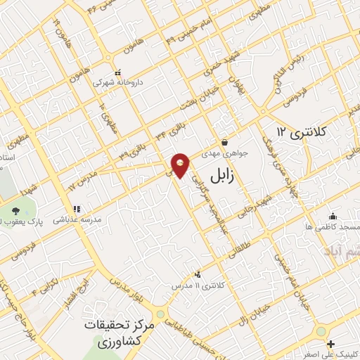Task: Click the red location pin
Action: point(181,165)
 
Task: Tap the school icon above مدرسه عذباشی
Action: point(77,209)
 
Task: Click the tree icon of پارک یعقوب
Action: point(15,212)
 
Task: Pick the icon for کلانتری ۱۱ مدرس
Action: point(198,274)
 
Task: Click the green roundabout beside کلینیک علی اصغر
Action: point(321,331)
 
